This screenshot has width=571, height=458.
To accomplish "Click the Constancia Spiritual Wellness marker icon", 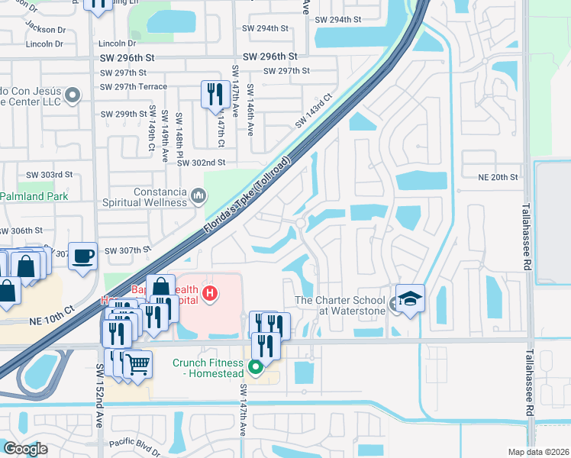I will pos(198,196).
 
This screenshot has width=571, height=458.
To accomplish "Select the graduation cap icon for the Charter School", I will pos(410,298).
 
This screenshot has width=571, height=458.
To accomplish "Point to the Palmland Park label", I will pos(34,196).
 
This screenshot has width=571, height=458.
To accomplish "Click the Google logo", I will pos(25,449).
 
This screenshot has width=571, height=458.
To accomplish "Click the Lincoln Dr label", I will pos(44,44).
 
